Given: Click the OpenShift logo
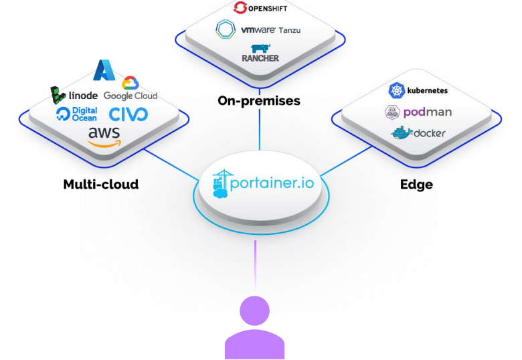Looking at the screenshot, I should (259, 8).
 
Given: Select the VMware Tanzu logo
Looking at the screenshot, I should (258, 29).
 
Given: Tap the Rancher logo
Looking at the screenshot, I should (260, 53).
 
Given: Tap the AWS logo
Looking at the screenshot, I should (104, 136).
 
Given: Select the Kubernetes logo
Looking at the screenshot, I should (418, 90).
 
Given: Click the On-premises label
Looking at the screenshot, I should (259, 101).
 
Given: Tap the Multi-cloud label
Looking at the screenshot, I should (100, 184).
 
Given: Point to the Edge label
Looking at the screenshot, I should (416, 184).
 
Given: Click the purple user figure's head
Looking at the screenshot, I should (254, 312).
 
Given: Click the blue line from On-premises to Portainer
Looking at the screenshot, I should (259, 130).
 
